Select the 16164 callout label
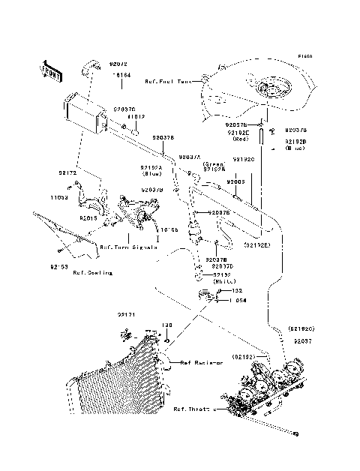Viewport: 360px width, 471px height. tap(121, 76)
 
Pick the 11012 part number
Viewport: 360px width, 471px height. tap(135, 118)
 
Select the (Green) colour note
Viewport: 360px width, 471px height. tap(214, 163)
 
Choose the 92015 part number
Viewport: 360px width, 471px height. tap(88, 218)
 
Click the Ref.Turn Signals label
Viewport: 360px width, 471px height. tap(128, 246)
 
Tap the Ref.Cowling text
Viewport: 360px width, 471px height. tap(93, 273)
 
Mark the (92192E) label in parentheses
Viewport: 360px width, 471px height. tap(257, 245)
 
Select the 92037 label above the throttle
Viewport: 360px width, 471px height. tap(302, 340)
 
